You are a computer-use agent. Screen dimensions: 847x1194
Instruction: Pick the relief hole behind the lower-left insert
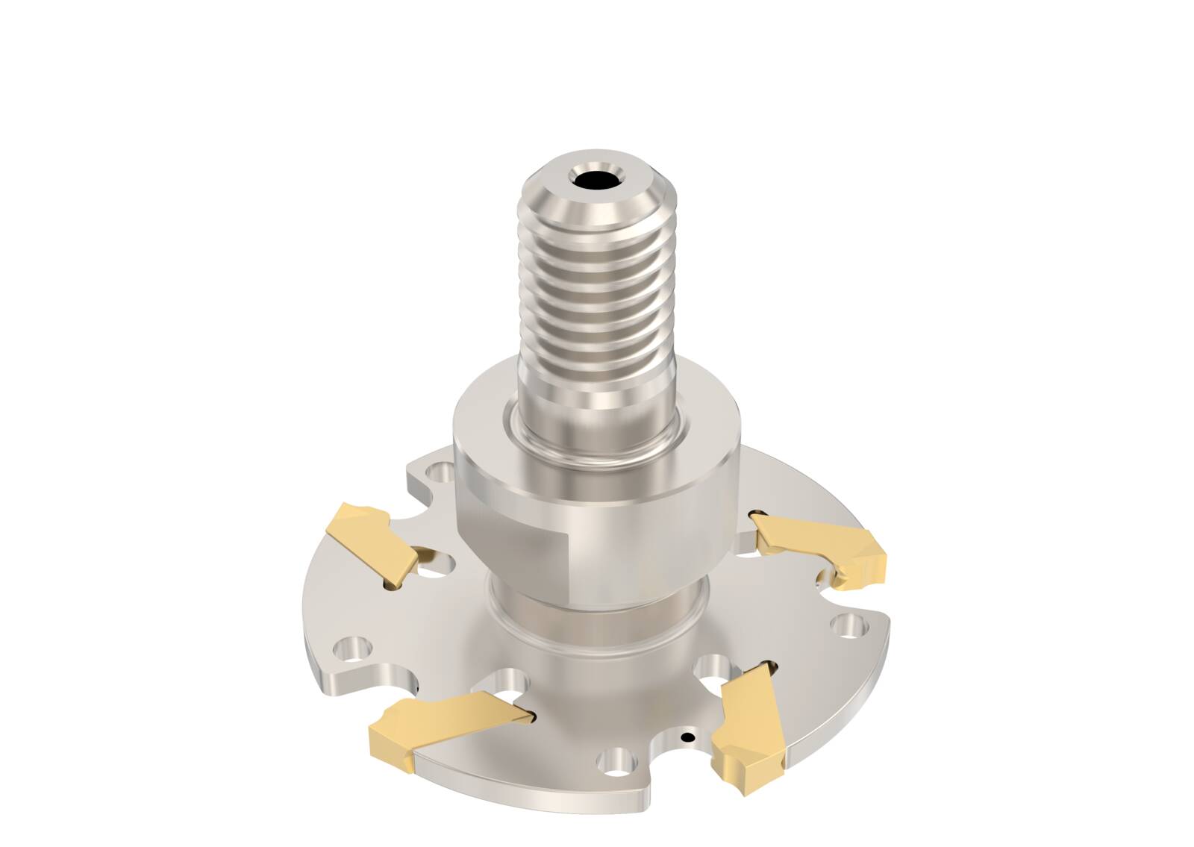(508, 682)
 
